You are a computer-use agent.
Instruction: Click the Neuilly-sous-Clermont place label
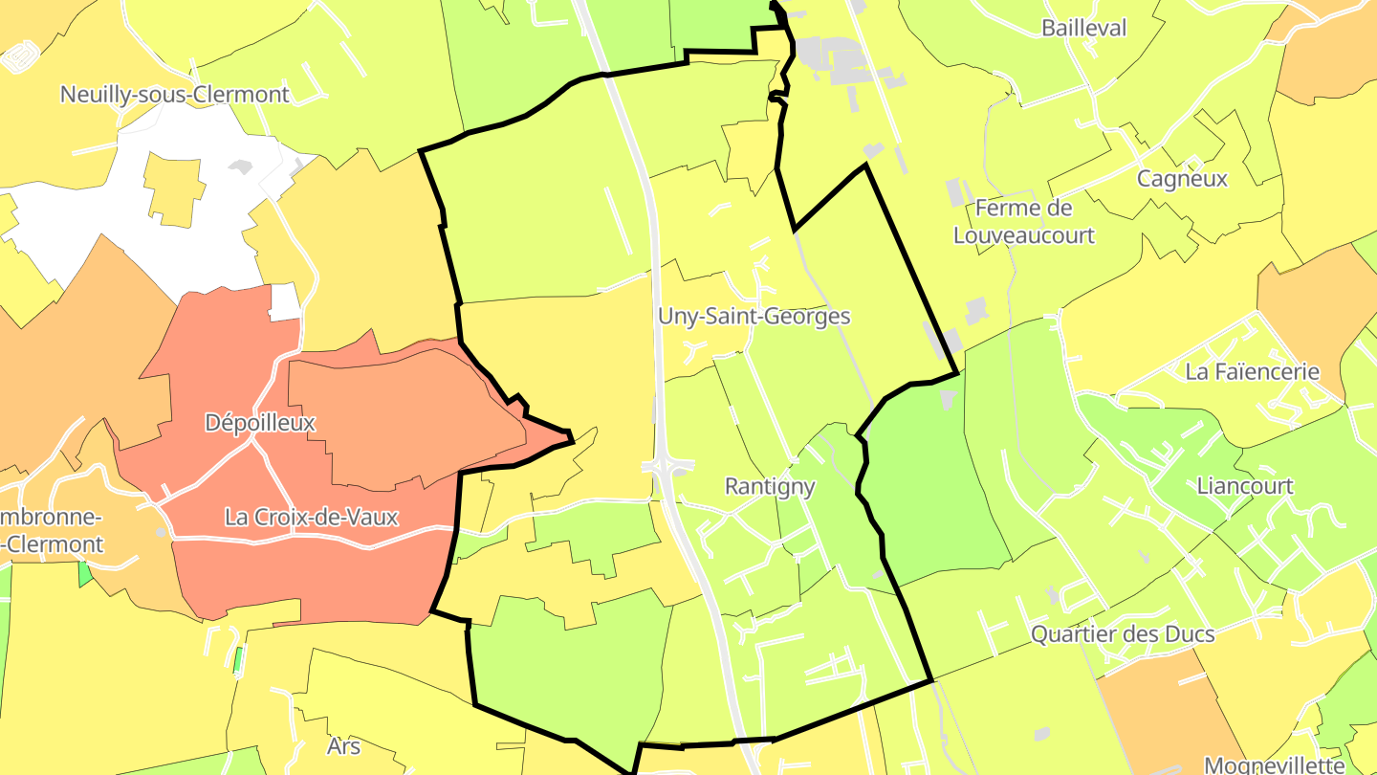pos(174,95)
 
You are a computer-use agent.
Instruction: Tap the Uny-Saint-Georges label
pos(754,317)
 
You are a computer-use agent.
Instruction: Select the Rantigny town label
pos(770,486)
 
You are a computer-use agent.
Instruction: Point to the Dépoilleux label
pos(260,422)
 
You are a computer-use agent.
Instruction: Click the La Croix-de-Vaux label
pos(311,517)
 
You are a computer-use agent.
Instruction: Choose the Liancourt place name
pos(1245,486)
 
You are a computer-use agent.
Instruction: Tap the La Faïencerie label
pos(1252,371)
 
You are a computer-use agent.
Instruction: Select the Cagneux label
pos(1182,179)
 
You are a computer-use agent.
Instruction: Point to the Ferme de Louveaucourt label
pos(1024,221)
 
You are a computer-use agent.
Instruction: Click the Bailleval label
pos(1084,28)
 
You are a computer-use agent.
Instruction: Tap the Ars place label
pos(343,745)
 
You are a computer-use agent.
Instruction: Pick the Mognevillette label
pos(1274,764)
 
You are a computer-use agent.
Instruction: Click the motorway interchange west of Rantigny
pos(667,467)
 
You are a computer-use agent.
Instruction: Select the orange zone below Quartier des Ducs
pos(1157,708)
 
